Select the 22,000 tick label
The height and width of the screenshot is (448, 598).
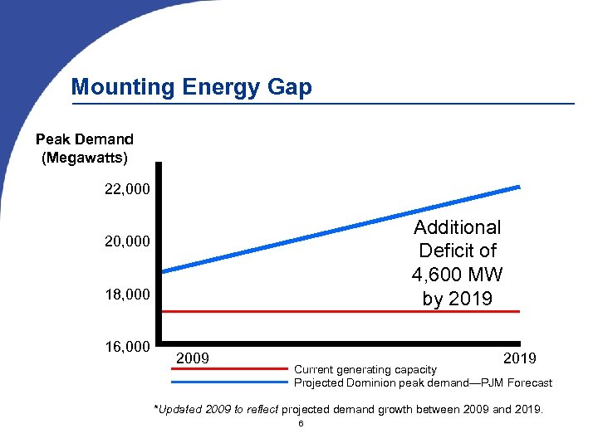(x=127, y=190)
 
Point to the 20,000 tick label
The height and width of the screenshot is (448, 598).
(x=127, y=241)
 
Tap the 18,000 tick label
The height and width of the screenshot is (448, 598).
(x=127, y=295)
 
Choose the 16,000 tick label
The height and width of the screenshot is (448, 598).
(x=127, y=346)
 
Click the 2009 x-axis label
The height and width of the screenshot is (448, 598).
(x=193, y=358)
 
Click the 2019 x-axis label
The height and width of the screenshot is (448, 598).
(x=519, y=358)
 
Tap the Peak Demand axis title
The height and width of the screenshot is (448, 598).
(x=84, y=139)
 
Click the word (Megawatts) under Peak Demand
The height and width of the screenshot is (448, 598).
(x=85, y=157)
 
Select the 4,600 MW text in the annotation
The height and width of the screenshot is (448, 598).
(x=457, y=275)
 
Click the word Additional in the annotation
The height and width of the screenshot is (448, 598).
(x=457, y=227)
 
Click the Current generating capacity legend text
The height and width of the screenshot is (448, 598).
(x=365, y=369)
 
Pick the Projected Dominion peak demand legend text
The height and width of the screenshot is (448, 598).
(x=423, y=382)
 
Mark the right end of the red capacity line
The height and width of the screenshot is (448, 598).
(x=518, y=311)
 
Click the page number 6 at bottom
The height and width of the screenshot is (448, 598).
(x=301, y=424)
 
